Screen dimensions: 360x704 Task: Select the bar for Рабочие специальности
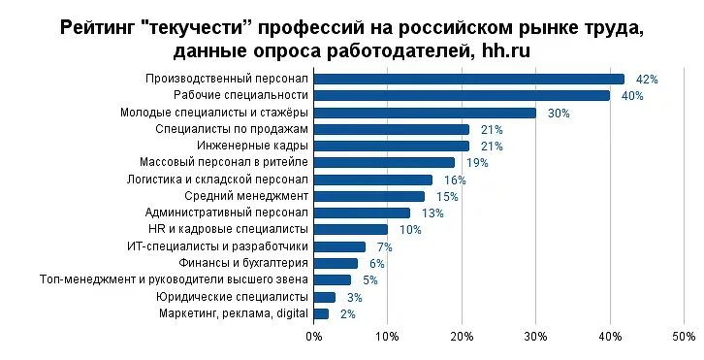pos(462,95)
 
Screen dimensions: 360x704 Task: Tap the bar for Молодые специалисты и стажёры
pos(425,113)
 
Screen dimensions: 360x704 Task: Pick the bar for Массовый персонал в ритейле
pos(384,162)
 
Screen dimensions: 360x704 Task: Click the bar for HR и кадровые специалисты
pos(351,229)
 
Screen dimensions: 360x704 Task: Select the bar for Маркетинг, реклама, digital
pos(321,313)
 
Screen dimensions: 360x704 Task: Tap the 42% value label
pos(647,79)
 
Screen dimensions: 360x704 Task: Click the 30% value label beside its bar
pos(558,114)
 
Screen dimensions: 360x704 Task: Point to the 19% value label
pos(476,163)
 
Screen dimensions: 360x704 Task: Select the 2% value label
pos(348,314)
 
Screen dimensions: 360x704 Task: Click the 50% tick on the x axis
pos(683,337)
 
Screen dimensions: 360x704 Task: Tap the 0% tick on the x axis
pos(314,337)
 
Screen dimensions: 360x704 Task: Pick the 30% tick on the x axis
pos(535,337)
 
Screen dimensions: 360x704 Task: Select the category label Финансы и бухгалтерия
pos(243,263)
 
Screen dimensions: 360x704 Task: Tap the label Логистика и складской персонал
pos(217,179)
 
